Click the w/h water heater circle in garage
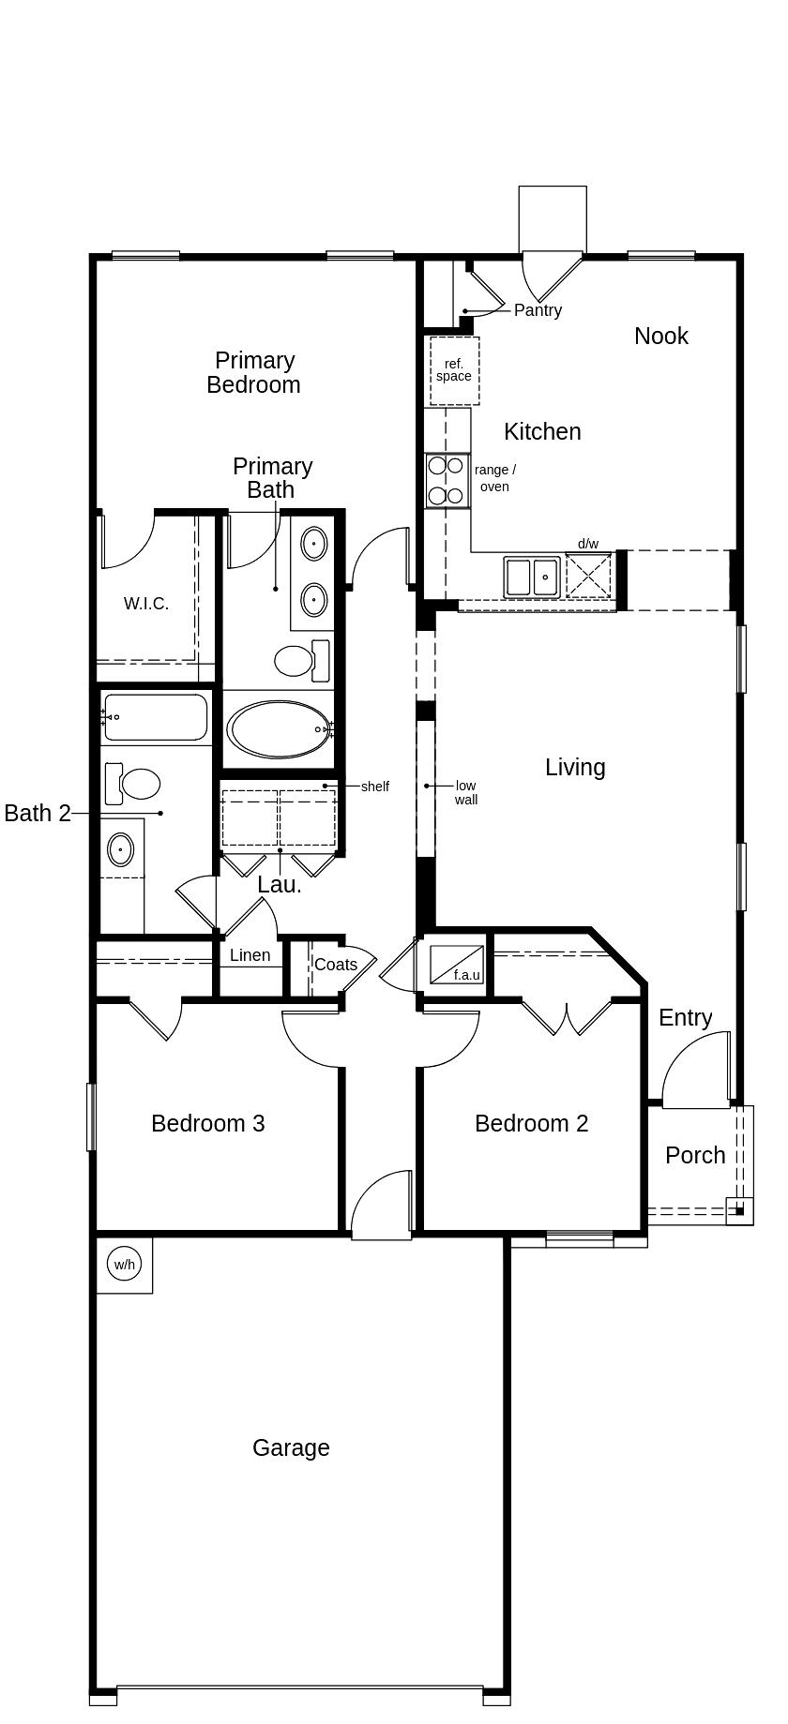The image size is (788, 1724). click(x=124, y=1264)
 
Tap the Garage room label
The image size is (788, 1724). click(x=291, y=1447)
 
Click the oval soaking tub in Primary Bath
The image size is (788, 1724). click(x=280, y=728)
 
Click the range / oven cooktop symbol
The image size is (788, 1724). click(x=447, y=480)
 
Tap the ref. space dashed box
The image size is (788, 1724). click(x=454, y=370)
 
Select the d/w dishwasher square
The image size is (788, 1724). click(x=589, y=575)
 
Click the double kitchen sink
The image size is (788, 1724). click(x=532, y=577)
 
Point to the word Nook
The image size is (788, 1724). click(x=660, y=336)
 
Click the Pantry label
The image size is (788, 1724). click(x=538, y=310)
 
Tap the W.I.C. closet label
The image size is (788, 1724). click(x=146, y=604)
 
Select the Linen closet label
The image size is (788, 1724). click(x=250, y=955)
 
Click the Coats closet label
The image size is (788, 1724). click(x=335, y=964)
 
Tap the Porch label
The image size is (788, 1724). click(x=695, y=1155)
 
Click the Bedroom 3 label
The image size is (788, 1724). click(x=207, y=1123)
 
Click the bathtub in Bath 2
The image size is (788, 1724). click(x=156, y=717)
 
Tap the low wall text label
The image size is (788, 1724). click(x=465, y=792)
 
